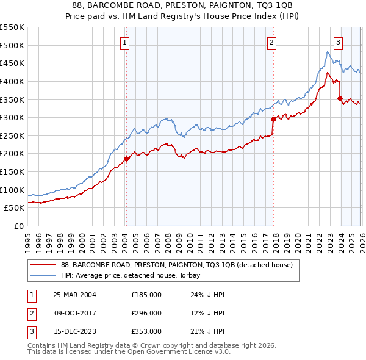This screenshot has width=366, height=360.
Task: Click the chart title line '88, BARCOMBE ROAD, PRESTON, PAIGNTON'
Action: coord(182,5)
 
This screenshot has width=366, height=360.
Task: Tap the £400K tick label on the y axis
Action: coord(12,81)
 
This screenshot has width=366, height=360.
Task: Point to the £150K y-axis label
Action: coord(12,171)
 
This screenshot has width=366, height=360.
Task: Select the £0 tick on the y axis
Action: coord(18,226)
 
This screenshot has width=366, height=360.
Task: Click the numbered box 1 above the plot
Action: coord(125,43)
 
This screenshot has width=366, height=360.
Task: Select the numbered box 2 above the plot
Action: coord(271,43)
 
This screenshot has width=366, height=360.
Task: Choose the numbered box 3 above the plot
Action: coord(338,43)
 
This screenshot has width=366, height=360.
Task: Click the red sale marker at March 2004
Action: coord(126,159)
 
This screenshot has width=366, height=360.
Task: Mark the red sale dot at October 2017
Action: coord(273,119)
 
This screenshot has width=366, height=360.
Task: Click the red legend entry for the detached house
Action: coord(177,265)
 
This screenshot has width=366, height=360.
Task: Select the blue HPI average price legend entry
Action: coord(135,275)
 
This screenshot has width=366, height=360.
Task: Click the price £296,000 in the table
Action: coord(146,313)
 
